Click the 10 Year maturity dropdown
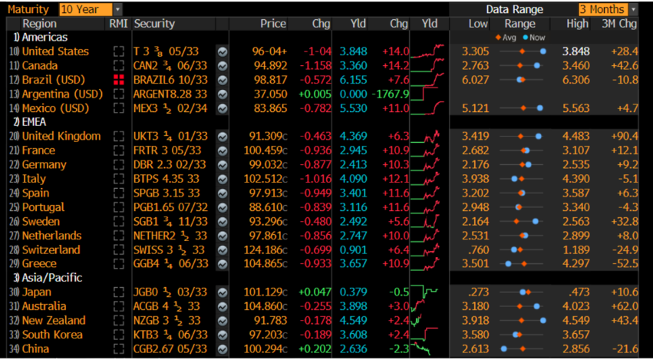tap(90, 9)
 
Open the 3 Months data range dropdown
tap(607, 9)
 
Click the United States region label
tap(55, 51)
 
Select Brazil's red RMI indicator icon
tap(118, 80)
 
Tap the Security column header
tap(154, 24)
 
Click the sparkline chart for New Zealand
tap(427, 320)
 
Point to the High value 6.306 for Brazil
tap(575, 80)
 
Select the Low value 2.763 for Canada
tap(476, 66)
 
